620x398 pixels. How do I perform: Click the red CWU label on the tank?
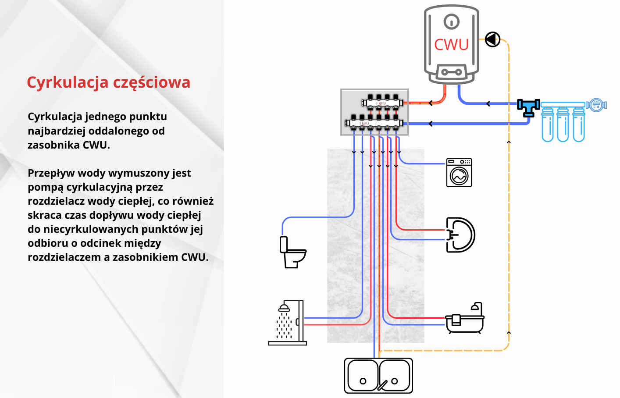pos(451,44)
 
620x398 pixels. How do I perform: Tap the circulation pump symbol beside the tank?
pos(493,39)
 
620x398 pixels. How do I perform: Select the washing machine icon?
pos(459,173)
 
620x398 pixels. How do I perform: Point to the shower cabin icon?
pos(288,323)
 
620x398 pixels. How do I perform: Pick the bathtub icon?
pos(465,319)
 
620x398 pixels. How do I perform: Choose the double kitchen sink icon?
pos(378,376)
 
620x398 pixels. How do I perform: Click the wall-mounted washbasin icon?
pos(460,235)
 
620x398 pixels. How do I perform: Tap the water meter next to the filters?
pos(596,105)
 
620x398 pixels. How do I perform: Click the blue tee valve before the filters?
pos(528,107)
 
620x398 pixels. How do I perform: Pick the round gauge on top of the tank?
pos(452,21)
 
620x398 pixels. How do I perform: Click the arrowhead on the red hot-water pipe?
pos(431,103)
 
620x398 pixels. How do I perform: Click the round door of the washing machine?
pos(459,176)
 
